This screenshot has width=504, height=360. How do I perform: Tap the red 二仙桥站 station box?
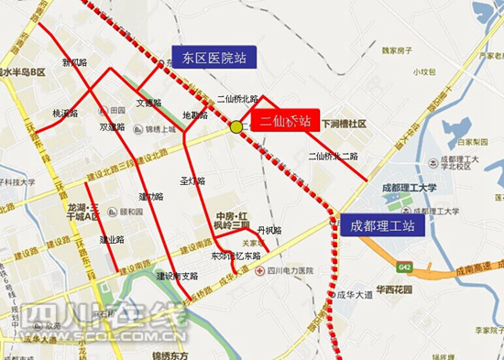pos(285,121)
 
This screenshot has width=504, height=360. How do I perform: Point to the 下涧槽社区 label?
pos(344,123)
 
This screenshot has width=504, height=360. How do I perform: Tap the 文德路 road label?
pos(149,103)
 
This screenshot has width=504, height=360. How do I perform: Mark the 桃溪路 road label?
pos(65,115)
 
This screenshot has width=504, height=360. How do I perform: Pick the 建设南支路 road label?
pos(176,276)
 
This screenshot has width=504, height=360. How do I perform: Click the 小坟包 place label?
pos(422,72)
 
